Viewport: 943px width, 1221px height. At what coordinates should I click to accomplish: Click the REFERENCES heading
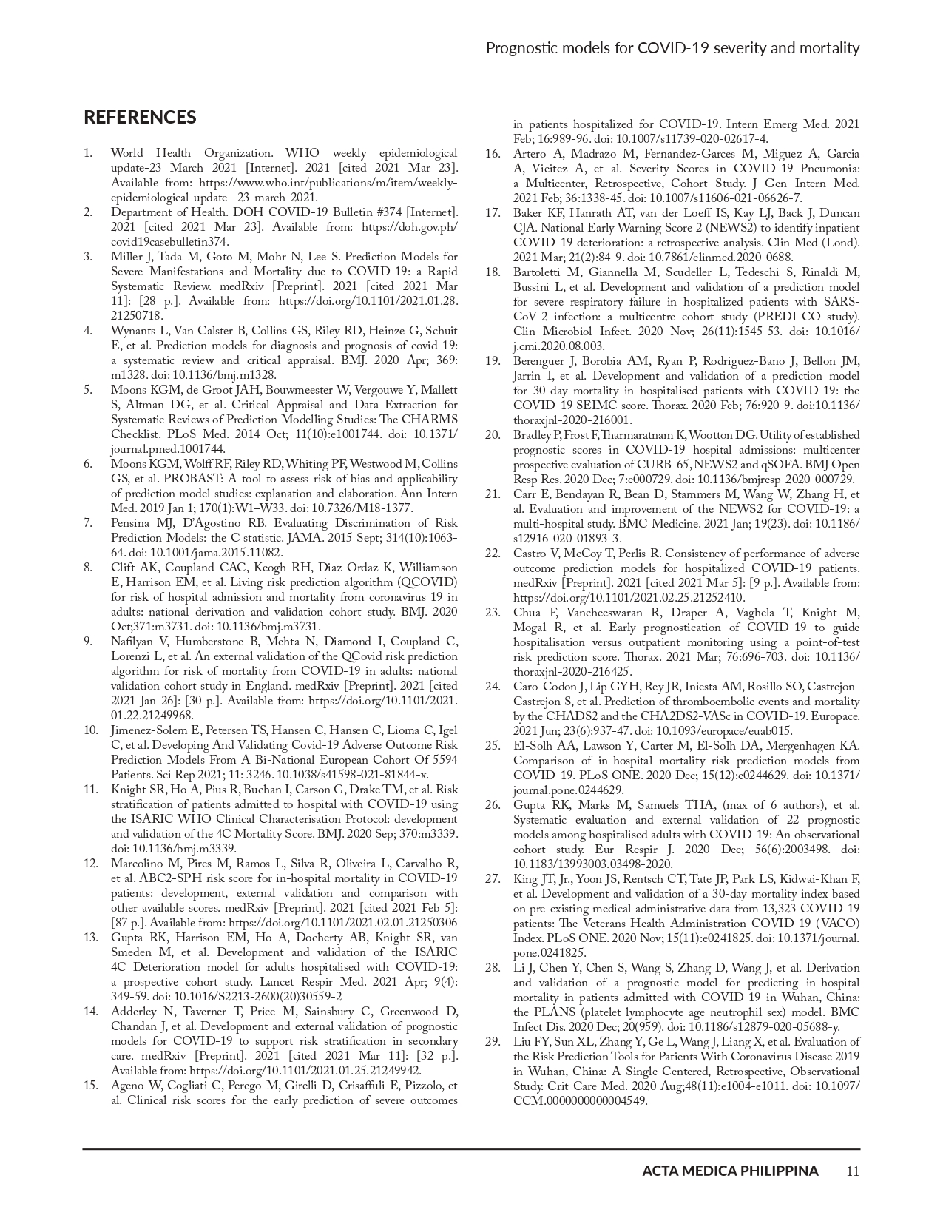point(140,118)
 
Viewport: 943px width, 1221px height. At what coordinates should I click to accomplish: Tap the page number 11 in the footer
point(852,1171)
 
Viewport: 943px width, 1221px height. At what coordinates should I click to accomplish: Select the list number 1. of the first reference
point(88,153)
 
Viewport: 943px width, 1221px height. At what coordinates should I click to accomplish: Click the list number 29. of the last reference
point(493,1042)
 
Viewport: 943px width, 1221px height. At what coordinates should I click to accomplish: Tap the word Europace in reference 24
point(834,716)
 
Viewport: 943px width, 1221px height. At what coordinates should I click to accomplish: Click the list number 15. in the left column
point(90,1086)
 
